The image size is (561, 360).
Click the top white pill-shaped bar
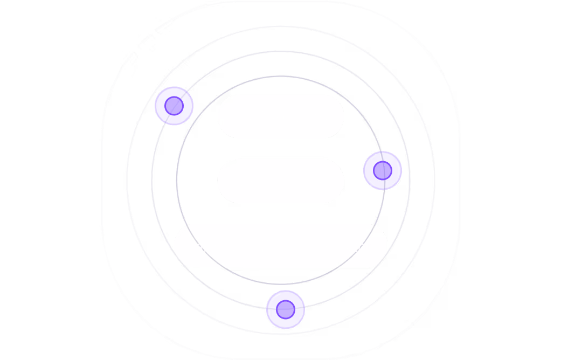pos(280,116)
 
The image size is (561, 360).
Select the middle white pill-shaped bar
pos(280,181)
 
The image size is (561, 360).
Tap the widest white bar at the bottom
pos(280,246)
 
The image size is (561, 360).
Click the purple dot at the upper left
pos(174,106)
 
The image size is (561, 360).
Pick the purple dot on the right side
pos(383,170)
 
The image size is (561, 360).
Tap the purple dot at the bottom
pos(286,309)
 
